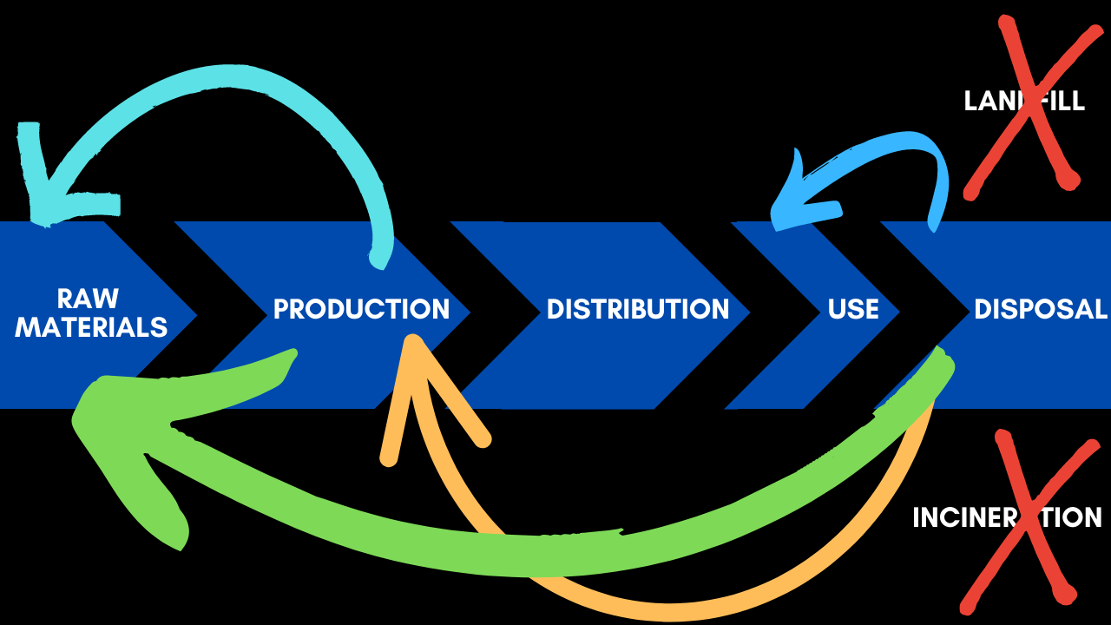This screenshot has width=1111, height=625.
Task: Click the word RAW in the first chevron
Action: coord(88,298)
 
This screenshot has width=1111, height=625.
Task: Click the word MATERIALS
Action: coord(91,327)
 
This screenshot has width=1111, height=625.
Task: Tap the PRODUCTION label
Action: coord(361,309)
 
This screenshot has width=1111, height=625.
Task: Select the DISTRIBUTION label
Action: coord(637,309)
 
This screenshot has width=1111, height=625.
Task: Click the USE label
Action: coord(853,309)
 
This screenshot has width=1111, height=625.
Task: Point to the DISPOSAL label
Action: coord(1040,309)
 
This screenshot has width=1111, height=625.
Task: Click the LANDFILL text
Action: coord(1024,101)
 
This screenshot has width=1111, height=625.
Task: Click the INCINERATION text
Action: coord(1007,517)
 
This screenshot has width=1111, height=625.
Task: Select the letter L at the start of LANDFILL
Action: coord(970,101)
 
